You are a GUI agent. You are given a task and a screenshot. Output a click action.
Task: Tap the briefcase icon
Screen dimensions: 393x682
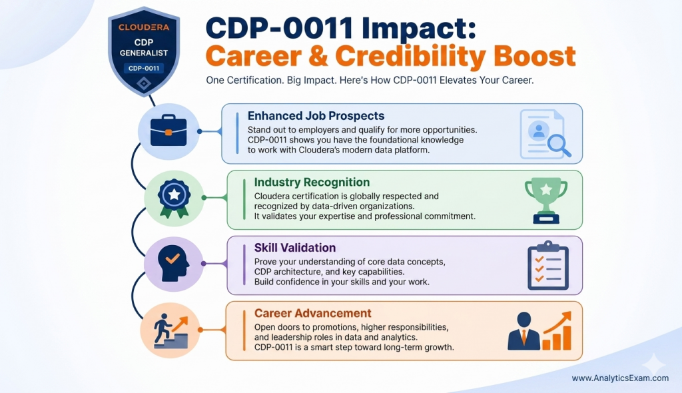click(x=168, y=131)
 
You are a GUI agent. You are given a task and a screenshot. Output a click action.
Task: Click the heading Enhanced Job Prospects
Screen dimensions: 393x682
click(x=316, y=115)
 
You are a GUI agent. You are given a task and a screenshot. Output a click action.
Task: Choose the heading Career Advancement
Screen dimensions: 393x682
click(x=313, y=313)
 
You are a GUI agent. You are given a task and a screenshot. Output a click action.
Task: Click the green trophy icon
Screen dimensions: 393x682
click(x=545, y=198)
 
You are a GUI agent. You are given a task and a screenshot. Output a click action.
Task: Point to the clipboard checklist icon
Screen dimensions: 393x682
click(x=547, y=264)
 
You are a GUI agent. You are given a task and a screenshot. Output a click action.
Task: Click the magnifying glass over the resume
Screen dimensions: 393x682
click(x=557, y=145)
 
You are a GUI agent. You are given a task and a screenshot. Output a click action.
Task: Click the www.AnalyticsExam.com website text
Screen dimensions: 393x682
click(x=620, y=378)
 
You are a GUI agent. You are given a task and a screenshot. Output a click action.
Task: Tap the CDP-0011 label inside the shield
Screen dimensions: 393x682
click(x=145, y=68)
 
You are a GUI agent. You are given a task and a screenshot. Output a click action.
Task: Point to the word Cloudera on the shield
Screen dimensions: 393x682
click(x=144, y=27)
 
